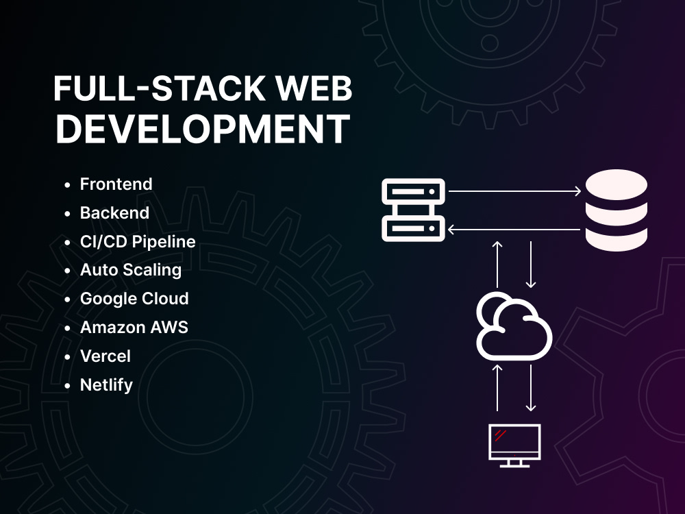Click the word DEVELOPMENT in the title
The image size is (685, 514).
click(x=203, y=129)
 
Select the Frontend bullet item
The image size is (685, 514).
click(x=116, y=184)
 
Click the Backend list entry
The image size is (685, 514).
click(x=114, y=213)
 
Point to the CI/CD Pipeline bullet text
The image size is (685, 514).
click(x=138, y=242)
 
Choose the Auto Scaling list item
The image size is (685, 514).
click(x=131, y=270)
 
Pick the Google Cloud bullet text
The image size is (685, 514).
click(x=134, y=299)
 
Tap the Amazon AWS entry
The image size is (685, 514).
click(x=134, y=328)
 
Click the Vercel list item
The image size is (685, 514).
click(x=105, y=356)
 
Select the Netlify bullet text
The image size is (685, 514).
click(x=106, y=385)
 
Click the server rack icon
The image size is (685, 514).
click(x=413, y=210)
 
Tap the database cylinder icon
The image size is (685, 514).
click(x=616, y=210)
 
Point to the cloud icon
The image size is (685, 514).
click(x=514, y=326)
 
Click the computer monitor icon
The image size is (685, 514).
click(x=514, y=445)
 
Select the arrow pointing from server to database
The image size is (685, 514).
click(x=514, y=191)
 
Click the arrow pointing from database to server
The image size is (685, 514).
click(x=514, y=229)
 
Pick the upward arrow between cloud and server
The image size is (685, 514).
click(x=497, y=264)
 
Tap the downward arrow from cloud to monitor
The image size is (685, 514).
click(x=531, y=388)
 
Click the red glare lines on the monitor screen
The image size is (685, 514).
click(x=500, y=435)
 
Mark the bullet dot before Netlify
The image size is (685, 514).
click(x=67, y=386)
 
